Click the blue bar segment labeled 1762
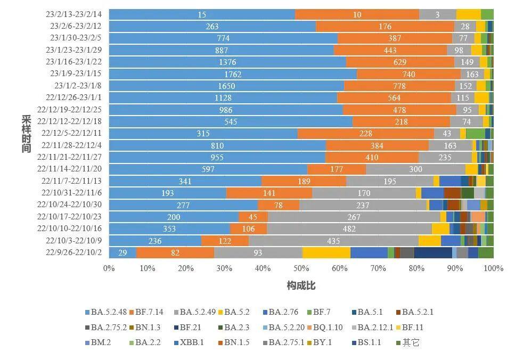pos(233,74)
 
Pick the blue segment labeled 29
pos(123,253)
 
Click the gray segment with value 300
pos(415,169)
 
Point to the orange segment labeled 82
pos(175,253)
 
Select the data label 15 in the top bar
pos(202,15)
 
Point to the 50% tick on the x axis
pos(301,268)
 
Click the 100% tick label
pos(493,268)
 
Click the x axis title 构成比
pos(301,286)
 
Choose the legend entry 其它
pos(407,342)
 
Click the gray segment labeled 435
pos(333,241)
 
